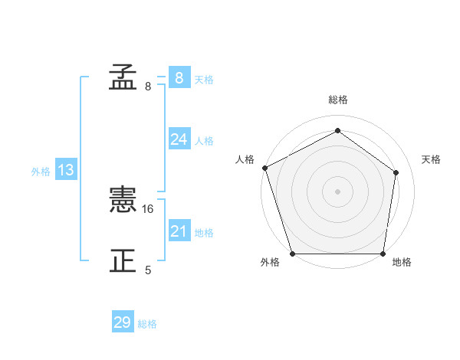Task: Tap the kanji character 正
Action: tap(123, 261)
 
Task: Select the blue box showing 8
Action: tap(179, 78)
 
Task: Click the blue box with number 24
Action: tap(179, 139)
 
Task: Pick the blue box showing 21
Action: tap(179, 231)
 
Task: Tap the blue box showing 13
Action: tap(66, 170)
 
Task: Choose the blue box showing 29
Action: tap(123, 322)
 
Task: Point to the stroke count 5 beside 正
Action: tap(148, 270)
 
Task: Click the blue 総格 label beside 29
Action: tap(147, 324)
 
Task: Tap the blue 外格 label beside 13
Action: tap(41, 172)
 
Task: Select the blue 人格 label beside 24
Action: tap(204, 141)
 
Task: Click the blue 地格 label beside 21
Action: tap(204, 233)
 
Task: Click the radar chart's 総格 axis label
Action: tap(338, 100)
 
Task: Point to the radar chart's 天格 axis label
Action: tap(432, 159)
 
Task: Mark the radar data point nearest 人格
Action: tap(264, 168)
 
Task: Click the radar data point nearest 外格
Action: tap(293, 254)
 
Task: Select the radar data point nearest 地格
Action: tap(383, 254)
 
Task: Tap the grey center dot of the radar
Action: tap(338, 191)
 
